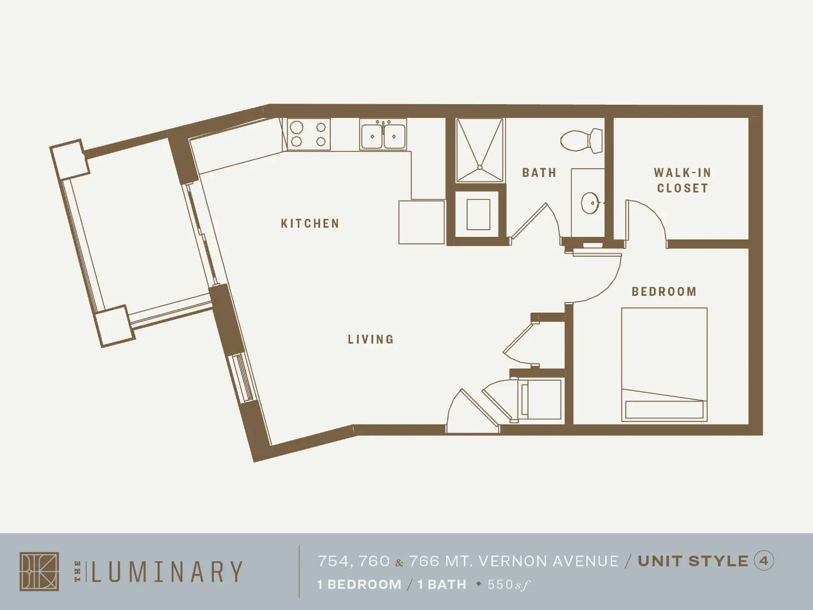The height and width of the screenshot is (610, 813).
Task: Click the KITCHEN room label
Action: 310,223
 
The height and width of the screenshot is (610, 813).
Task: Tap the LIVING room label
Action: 371,339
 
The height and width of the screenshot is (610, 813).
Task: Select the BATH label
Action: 539,173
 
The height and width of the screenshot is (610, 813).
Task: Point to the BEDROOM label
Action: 664,292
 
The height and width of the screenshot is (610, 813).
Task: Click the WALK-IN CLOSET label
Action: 682,180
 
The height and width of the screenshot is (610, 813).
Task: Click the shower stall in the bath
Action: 479,150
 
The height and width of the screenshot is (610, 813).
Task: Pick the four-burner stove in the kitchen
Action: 309,135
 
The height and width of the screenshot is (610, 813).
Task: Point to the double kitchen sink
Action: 384,135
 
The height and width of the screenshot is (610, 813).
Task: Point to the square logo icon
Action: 39,571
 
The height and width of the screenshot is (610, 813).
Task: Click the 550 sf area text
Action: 509,585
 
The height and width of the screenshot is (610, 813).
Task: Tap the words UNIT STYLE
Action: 693,561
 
